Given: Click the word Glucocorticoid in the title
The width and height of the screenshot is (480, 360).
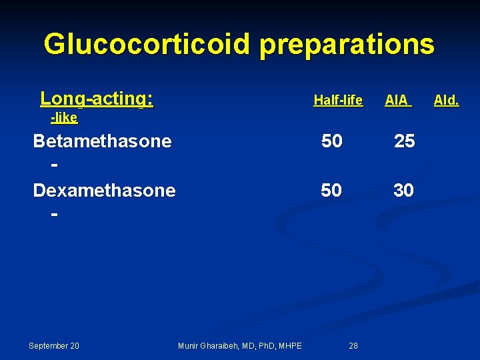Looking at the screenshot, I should coord(147,45).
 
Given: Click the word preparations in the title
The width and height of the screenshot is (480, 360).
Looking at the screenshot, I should coord(347,45).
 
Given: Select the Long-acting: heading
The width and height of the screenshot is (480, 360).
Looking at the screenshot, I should coord(97,99).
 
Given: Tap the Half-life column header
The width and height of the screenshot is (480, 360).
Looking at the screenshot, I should coord(338,101).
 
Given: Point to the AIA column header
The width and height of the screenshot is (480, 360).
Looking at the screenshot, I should coord(397,101).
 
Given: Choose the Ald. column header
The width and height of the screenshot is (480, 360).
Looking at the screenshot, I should coord(446,101).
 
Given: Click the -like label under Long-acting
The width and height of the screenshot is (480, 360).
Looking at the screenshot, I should coord(65,119).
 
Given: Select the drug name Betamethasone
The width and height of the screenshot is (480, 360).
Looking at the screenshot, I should coord(102,141).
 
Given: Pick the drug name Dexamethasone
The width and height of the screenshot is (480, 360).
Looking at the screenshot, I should coord(104,191).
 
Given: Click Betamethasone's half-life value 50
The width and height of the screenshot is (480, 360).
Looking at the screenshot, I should coord(331,141).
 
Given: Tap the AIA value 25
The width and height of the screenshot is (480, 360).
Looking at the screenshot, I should coord(404,141).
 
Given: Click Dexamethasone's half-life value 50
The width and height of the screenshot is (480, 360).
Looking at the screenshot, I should coord(331,191).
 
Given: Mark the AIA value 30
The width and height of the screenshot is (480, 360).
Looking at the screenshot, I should coord(403,191).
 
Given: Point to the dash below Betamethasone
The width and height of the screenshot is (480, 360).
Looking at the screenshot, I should coord(53,165).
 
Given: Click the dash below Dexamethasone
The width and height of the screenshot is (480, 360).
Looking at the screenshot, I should coord(53,215).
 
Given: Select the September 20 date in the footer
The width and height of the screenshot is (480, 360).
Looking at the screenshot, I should coord(54,345).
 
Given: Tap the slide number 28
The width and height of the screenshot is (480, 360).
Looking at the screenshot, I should coord(353,345).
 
